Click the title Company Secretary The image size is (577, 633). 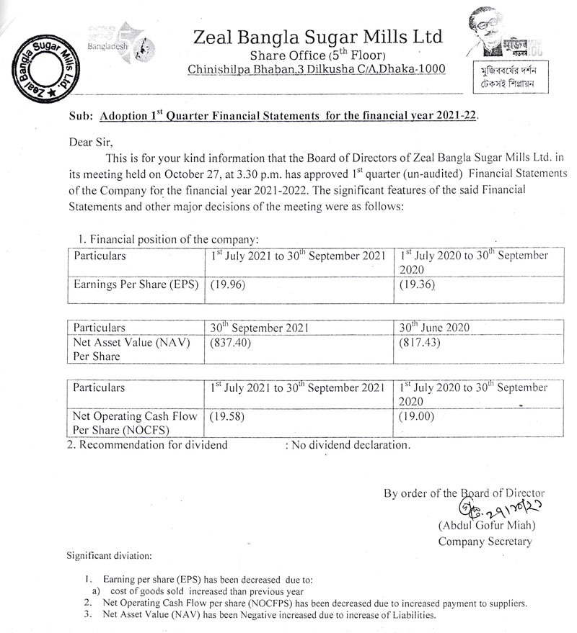click(x=485, y=542)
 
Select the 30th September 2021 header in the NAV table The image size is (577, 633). click(x=259, y=327)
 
